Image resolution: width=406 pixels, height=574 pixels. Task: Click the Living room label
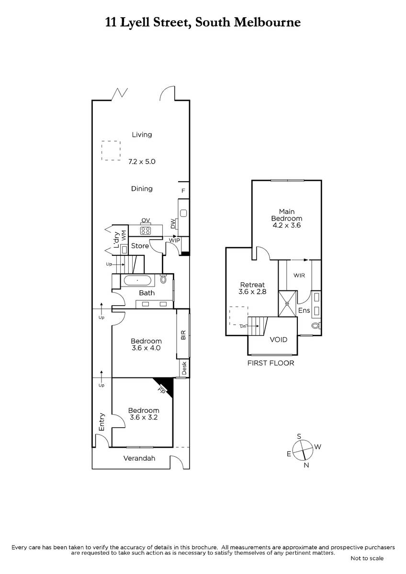tap(142, 135)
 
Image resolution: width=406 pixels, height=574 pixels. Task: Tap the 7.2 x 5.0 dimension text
tap(142, 162)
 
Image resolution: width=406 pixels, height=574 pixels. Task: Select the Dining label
tap(142, 189)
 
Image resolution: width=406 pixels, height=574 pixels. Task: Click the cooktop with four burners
tap(146, 231)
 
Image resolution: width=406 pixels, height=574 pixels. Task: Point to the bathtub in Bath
tap(137, 281)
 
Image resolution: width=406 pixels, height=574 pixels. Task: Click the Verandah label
tap(139, 458)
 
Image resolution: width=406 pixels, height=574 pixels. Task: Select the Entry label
tap(102, 422)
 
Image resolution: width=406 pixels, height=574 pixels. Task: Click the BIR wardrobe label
tap(183, 335)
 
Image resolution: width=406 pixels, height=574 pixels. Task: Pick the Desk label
tap(184, 368)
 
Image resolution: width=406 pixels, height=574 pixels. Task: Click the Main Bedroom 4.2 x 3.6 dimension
tap(286, 225)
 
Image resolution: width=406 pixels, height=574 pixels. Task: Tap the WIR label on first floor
tap(299, 276)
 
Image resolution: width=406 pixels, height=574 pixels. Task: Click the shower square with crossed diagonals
tap(287, 304)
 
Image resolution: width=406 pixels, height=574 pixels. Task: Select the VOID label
tap(279, 340)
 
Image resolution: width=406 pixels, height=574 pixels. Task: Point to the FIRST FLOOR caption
tap(271, 363)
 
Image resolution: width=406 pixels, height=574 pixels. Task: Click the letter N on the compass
tap(306, 465)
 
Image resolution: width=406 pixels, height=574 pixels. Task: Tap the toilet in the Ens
tap(316, 326)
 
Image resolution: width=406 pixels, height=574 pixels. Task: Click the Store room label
tap(140, 246)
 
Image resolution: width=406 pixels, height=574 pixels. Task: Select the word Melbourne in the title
tap(268, 22)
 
